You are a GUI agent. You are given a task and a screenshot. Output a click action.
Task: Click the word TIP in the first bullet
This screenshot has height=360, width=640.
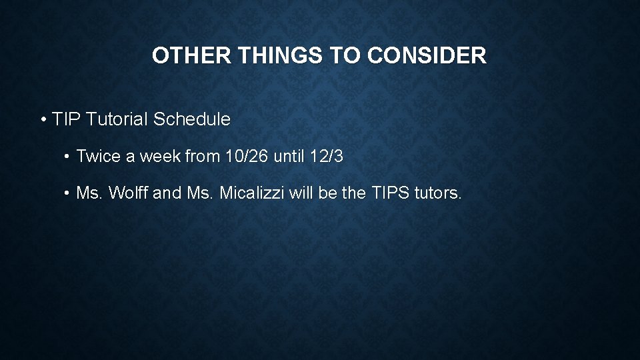tap(65, 120)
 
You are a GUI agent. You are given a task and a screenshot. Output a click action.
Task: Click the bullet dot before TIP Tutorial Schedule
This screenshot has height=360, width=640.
tap(43, 121)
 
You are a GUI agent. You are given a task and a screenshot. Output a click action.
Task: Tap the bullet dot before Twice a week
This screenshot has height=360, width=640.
tap(67, 157)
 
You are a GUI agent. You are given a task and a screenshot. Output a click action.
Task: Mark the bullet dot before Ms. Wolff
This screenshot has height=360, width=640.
tap(67, 194)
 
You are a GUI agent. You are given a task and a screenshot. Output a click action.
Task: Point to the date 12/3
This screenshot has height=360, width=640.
tap(327, 157)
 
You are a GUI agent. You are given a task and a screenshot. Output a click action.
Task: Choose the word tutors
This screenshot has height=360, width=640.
tap(438, 193)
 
